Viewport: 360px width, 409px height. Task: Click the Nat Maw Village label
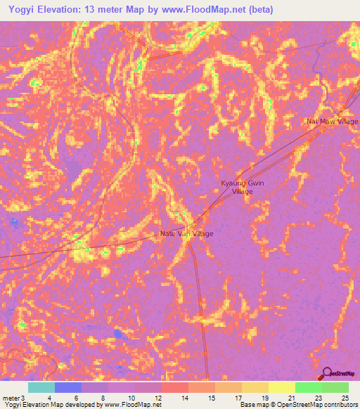click(333, 121)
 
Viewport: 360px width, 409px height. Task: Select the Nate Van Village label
click(186, 233)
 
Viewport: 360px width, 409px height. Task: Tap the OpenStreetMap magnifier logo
click(326, 373)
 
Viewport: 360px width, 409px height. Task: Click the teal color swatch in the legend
click(41, 387)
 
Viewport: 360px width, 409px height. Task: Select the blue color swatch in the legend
click(68, 387)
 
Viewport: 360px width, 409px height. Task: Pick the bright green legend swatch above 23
click(309, 387)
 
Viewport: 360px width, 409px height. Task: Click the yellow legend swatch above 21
click(282, 387)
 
